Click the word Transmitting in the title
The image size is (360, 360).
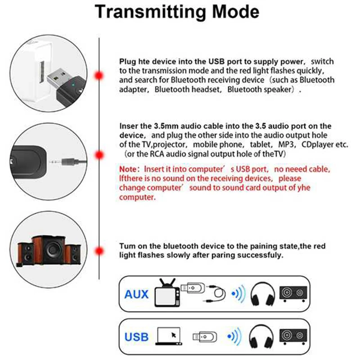point(151,12)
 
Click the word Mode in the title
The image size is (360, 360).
point(235,12)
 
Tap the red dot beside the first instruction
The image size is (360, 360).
point(99,76)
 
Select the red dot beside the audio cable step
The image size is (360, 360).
point(99,155)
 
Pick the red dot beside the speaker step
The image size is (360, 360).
point(99,251)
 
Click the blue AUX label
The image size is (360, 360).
point(136,294)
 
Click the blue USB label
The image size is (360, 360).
point(136,337)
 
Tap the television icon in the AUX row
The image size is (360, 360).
point(167,293)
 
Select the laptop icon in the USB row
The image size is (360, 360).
point(169,336)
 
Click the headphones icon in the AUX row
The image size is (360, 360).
point(262,294)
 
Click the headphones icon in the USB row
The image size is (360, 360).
point(261,337)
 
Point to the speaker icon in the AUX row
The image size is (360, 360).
point(293,294)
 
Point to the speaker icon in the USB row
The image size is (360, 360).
point(293,337)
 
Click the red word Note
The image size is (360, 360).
point(128,169)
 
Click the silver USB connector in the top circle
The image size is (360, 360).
point(58,77)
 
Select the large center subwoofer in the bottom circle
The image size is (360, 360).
point(49,250)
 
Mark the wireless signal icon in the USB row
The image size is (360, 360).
point(234,336)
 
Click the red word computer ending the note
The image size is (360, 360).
point(137,197)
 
